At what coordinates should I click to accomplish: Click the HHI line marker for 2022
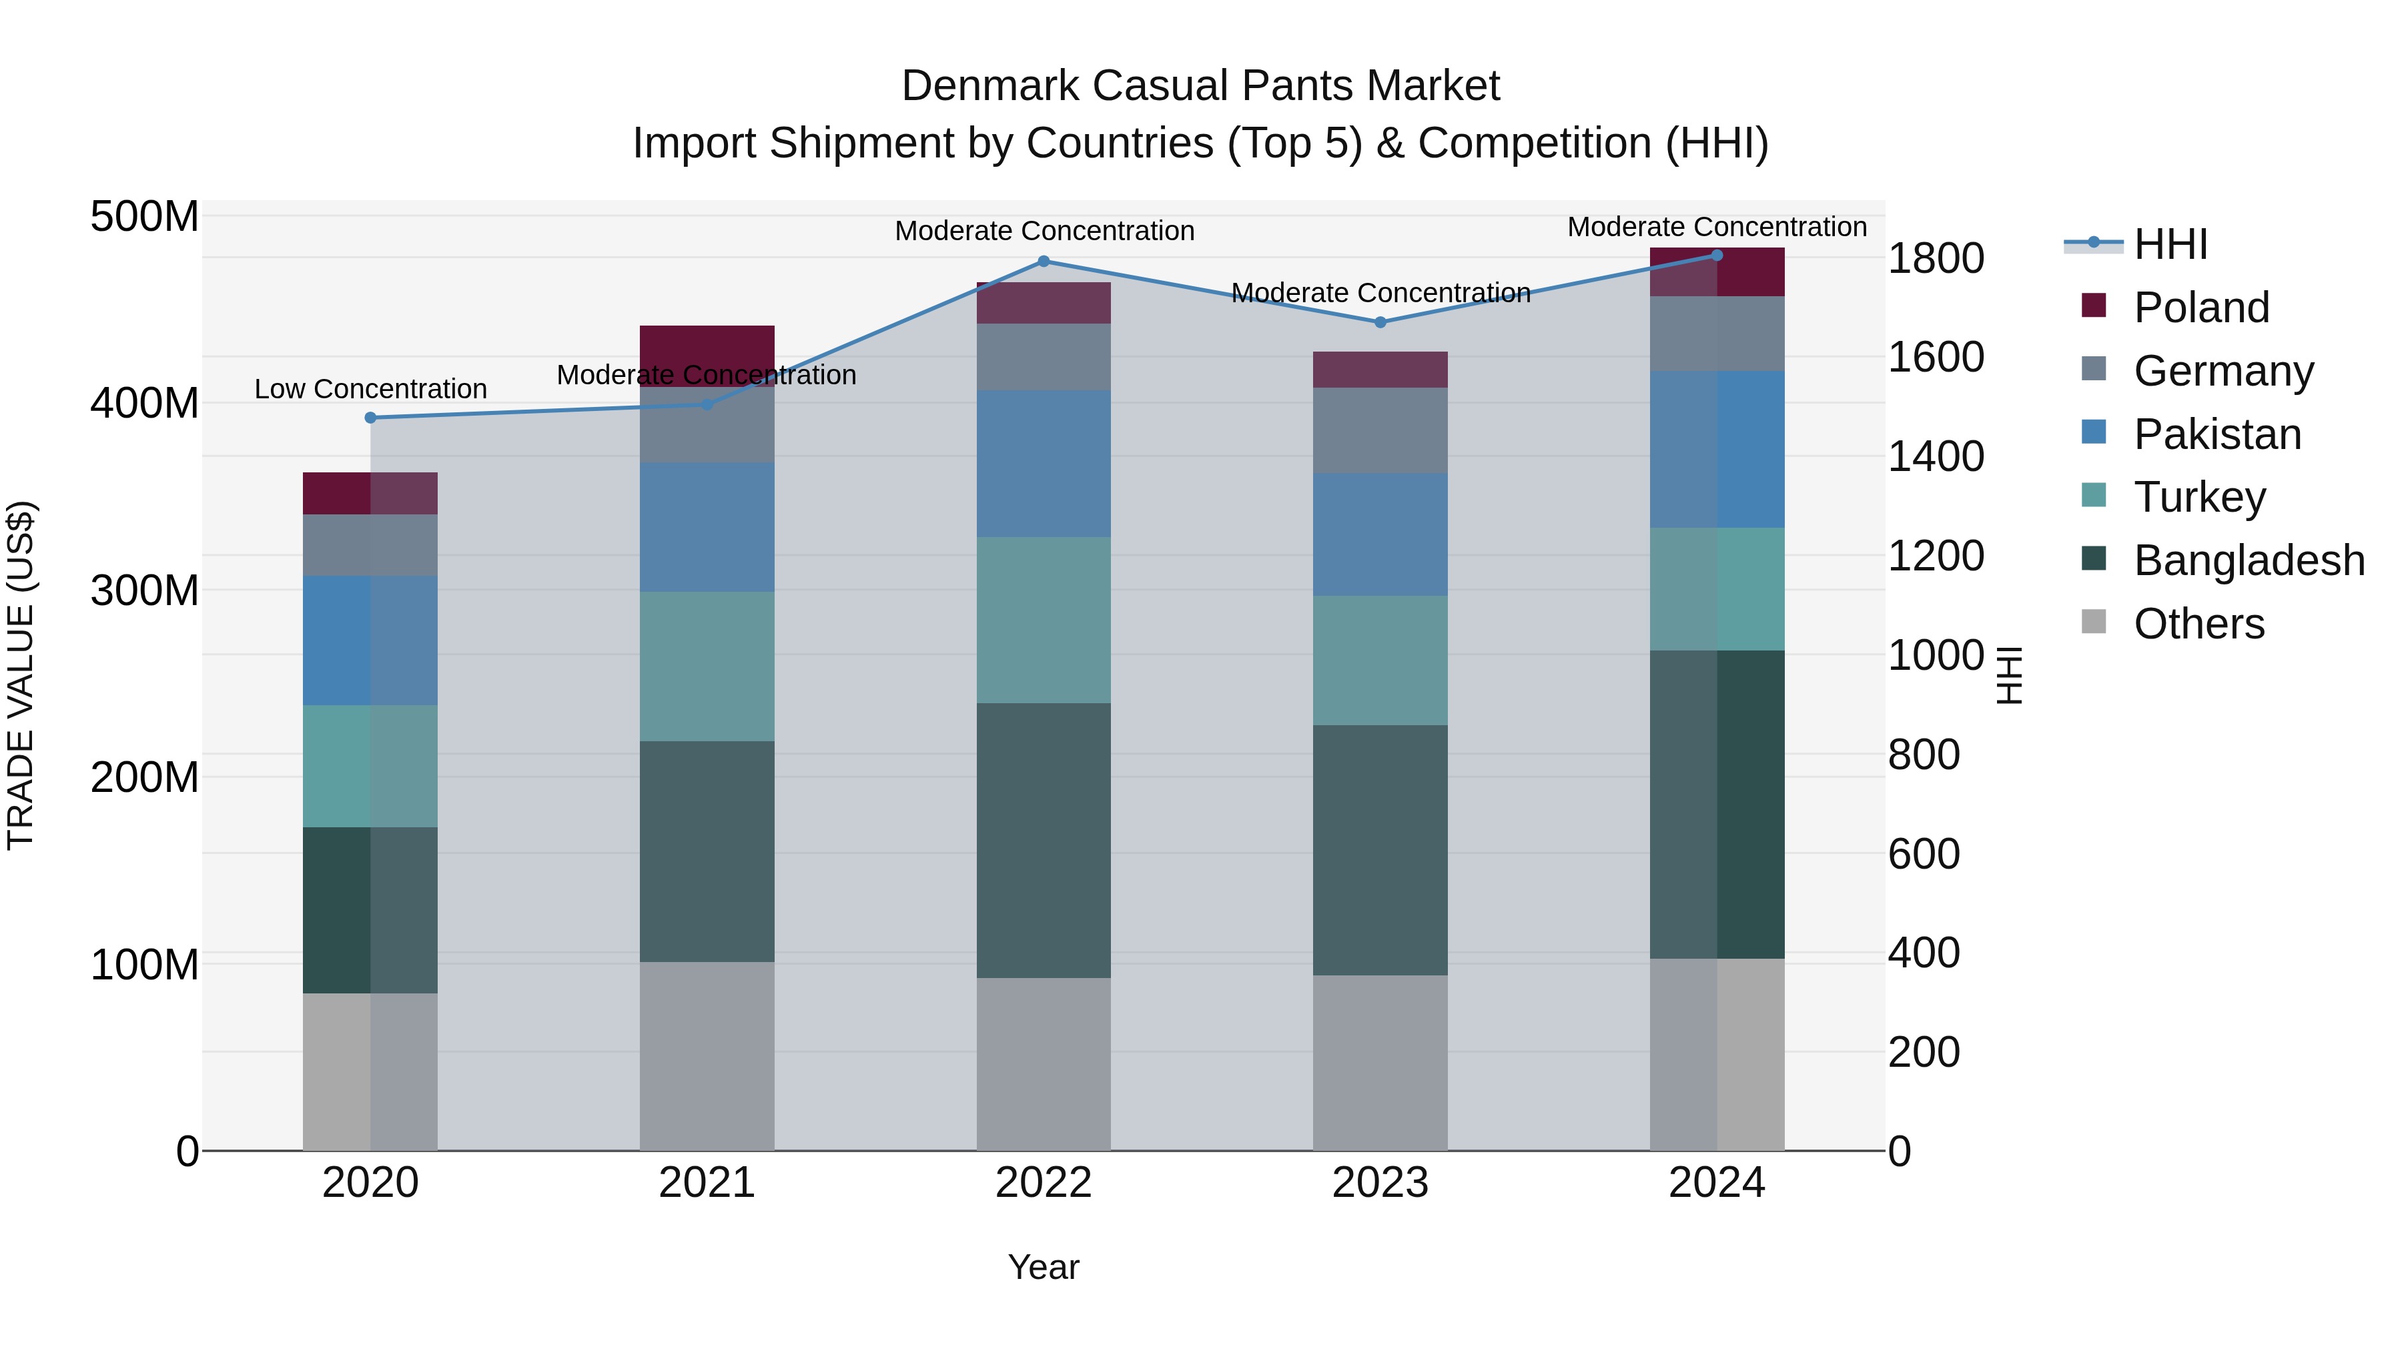point(1044,261)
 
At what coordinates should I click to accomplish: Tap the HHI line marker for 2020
point(370,418)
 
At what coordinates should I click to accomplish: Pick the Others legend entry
point(2198,624)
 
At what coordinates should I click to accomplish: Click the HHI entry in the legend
point(2170,244)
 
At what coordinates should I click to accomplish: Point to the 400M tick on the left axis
point(145,404)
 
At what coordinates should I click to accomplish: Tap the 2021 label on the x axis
point(707,1183)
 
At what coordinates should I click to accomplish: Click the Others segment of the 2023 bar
point(1380,1063)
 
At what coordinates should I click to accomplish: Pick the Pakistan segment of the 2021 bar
point(707,527)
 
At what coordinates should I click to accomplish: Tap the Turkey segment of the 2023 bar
point(1380,660)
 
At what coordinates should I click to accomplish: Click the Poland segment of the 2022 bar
point(1044,303)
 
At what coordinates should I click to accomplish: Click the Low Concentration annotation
point(370,389)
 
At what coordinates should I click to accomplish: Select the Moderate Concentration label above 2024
point(1717,227)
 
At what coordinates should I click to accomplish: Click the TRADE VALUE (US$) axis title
point(21,675)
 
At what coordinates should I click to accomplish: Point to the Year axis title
point(1044,1267)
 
